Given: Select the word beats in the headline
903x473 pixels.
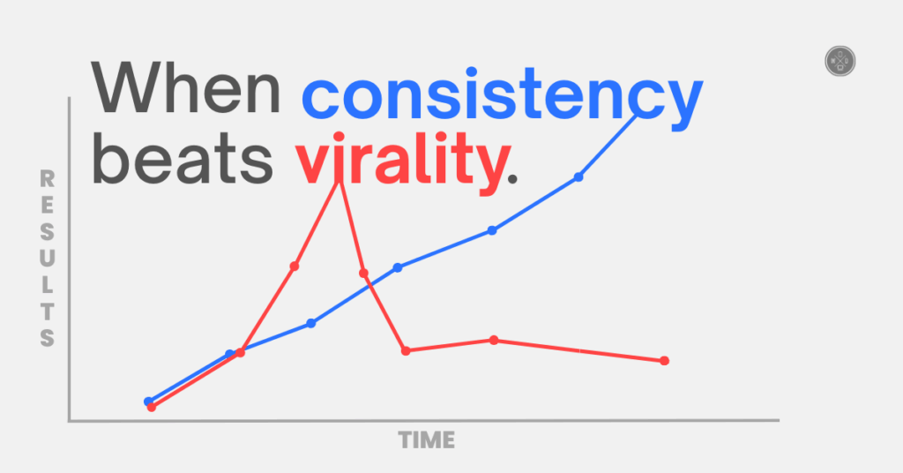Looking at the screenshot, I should pyautogui.click(x=181, y=160).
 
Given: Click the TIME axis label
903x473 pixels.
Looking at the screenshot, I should pyautogui.click(x=427, y=439).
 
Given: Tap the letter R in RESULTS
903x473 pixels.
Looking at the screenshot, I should pyautogui.click(x=48, y=179).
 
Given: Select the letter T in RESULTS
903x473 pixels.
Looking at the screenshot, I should pyautogui.click(x=48, y=312).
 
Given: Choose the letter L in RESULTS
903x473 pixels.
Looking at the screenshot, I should pyautogui.click(x=48, y=285).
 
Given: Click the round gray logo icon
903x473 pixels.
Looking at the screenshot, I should pyautogui.click(x=840, y=61).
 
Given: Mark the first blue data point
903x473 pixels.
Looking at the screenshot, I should pyautogui.click(x=149, y=402).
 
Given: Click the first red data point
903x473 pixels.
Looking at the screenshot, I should pyautogui.click(x=152, y=407).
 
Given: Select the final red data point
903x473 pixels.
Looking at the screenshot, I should pyautogui.click(x=664, y=360).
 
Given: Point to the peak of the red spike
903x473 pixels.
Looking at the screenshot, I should pyautogui.click(x=340, y=180).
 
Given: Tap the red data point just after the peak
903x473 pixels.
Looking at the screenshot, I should pyautogui.click(x=363, y=273).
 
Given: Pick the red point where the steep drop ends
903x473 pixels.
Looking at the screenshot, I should pyautogui.click(x=406, y=350).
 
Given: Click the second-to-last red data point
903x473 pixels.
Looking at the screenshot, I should pyautogui.click(x=494, y=340).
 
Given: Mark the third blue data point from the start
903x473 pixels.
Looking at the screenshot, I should pyautogui.click(x=310, y=323).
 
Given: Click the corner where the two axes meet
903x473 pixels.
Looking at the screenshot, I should pyautogui.click(x=69, y=421).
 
